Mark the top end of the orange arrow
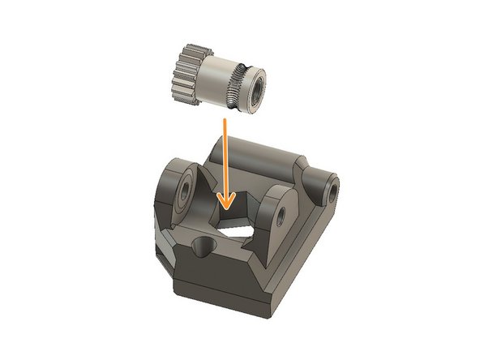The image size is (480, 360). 223,118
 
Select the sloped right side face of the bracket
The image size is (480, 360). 312,243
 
